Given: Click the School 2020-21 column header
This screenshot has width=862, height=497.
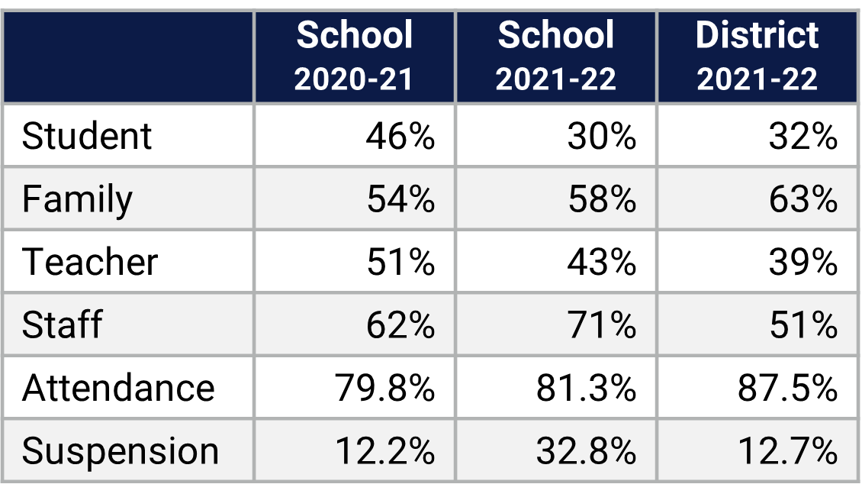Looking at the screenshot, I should (354, 56).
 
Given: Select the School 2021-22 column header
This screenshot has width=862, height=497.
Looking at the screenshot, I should (555, 56).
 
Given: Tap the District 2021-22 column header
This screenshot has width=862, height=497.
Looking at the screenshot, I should (757, 56).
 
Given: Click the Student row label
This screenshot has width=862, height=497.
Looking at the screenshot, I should (87, 137).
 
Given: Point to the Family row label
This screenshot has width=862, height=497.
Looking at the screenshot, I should (77, 199).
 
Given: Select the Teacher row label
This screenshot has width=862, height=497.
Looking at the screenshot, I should (90, 262).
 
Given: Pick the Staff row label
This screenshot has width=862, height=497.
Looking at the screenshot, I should (62, 325).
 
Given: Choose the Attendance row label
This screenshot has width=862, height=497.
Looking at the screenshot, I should (118, 388).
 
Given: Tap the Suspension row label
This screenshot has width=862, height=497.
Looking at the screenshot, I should (121, 451).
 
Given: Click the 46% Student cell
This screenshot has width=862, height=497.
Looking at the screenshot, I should (400, 137).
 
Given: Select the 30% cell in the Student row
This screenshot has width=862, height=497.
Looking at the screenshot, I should (602, 137).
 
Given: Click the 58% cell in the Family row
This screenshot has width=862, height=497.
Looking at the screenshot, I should (602, 199).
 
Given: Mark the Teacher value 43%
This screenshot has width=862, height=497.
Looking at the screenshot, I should (602, 262).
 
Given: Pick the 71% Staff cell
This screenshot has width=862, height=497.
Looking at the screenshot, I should (602, 325).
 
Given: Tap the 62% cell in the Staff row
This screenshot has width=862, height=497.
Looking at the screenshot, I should (400, 325).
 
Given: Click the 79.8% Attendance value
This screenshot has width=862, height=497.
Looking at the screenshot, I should (384, 388).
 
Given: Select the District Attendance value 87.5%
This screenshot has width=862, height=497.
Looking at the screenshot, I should (787, 388).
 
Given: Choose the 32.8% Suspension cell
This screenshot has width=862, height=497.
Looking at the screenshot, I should (586, 451).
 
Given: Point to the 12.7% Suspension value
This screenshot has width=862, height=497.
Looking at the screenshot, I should (787, 451).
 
